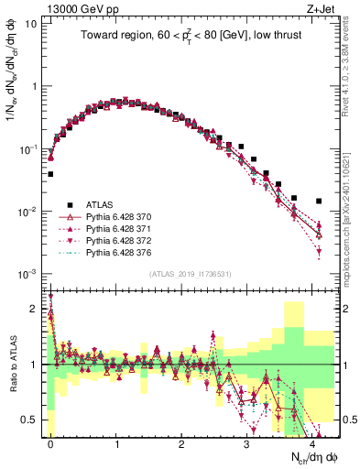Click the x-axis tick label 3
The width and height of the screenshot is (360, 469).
click(246, 443)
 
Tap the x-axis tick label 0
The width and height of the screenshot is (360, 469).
click(51, 443)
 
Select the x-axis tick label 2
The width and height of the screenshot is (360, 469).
click(181, 443)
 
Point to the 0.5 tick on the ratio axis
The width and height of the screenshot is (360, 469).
click(30, 420)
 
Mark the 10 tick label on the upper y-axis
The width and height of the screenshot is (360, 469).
click(30, 23)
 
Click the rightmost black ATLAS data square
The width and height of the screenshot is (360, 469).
click(318, 201)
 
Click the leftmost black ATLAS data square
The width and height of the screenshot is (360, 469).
click(51, 173)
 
